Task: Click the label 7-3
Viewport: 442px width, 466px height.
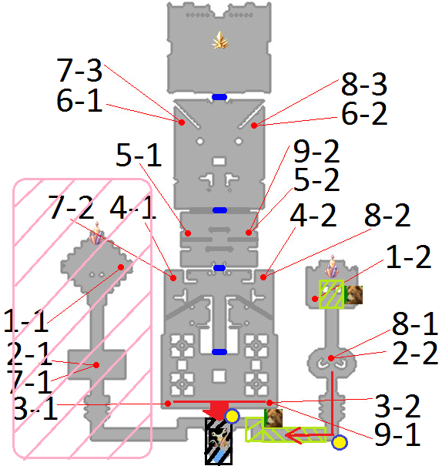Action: (x=79, y=70)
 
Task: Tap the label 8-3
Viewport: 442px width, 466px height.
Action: (x=364, y=84)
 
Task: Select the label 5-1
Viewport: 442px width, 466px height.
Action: (x=139, y=155)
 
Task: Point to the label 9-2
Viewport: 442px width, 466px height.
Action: (x=316, y=151)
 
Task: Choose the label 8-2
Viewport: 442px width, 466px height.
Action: (x=387, y=215)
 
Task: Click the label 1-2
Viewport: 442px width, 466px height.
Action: (x=408, y=256)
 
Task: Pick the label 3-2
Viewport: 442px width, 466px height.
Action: (x=397, y=406)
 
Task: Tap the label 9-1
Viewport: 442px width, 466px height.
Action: (x=397, y=434)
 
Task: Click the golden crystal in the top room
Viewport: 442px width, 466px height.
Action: (x=219, y=40)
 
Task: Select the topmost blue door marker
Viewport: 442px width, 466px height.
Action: (x=219, y=97)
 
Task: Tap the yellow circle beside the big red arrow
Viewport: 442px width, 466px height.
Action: (x=232, y=416)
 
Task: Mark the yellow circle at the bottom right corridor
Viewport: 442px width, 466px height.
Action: (x=340, y=443)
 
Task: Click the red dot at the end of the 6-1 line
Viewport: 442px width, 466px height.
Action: (x=182, y=122)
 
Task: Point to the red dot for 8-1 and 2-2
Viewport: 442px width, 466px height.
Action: (x=331, y=358)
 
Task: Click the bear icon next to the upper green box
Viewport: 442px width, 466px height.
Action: (x=353, y=294)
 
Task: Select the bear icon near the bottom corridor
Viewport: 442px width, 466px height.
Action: (x=273, y=417)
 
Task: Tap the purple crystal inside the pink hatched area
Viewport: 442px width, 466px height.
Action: (x=97, y=233)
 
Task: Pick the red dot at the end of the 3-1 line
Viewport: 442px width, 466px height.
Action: (x=168, y=404)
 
